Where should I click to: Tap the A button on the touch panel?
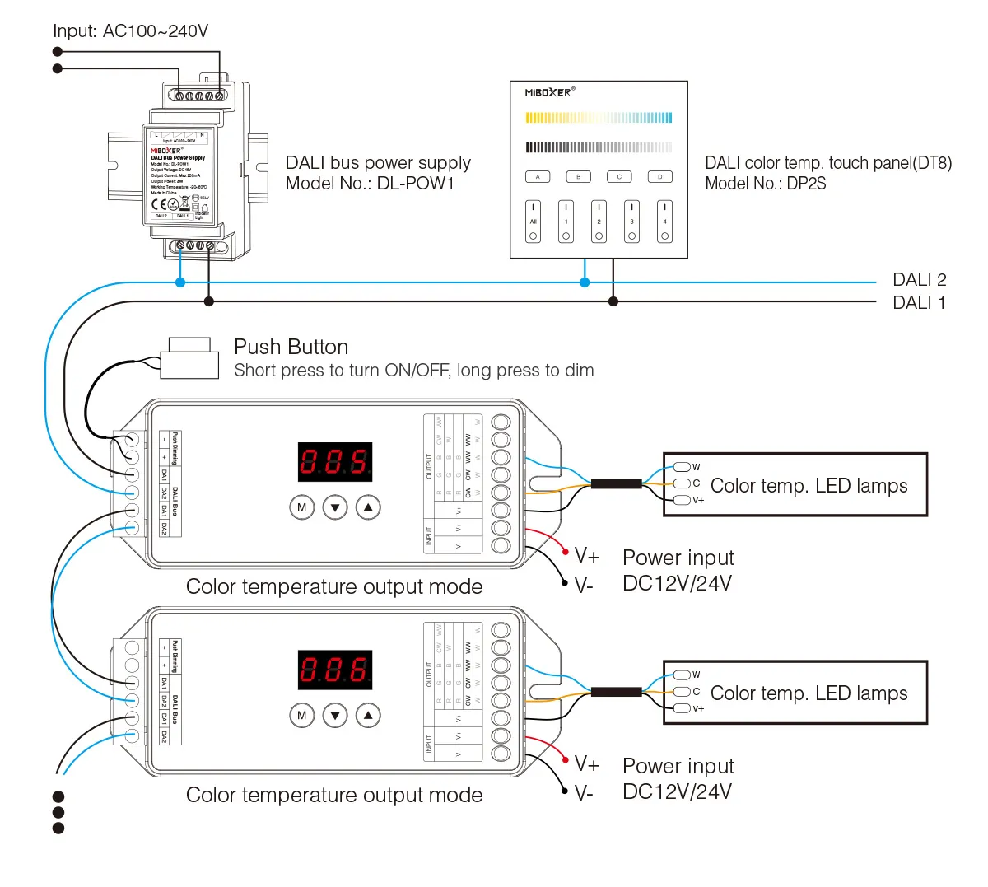[x=538, y=177]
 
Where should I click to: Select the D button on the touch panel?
[x=659, y=177]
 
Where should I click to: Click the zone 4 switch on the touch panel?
[x=664, y=222]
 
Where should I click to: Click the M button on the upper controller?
[x=302, y=507]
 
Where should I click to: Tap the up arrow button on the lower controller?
[x=368, y=716]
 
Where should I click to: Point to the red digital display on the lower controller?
[x=334, y=669]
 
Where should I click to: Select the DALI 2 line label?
[x=919, y=280]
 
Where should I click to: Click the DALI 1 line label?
[x=919, y=303]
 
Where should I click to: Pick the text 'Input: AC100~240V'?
[x=130, y=31]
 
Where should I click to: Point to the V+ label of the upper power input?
[x=587, y=557]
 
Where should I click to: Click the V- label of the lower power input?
[x=584, y=794]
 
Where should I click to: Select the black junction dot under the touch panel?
[x=613, y=302]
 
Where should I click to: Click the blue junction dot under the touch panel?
[x=585, y=282]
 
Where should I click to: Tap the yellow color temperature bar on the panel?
[x=599, y=118]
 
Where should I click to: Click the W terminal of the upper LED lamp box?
[x=683, y=467]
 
